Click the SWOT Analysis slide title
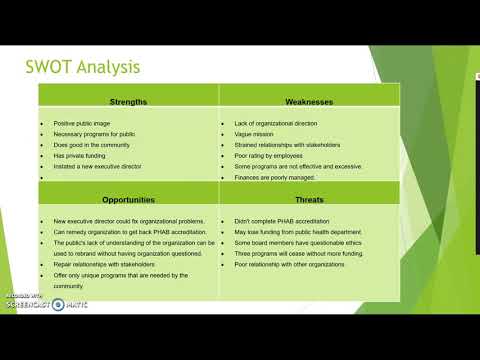click(96, 67)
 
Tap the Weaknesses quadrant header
click(310, 101)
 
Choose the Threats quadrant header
click(310, 199)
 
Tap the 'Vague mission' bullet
click(254, 135)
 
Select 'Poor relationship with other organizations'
click(298, 265)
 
